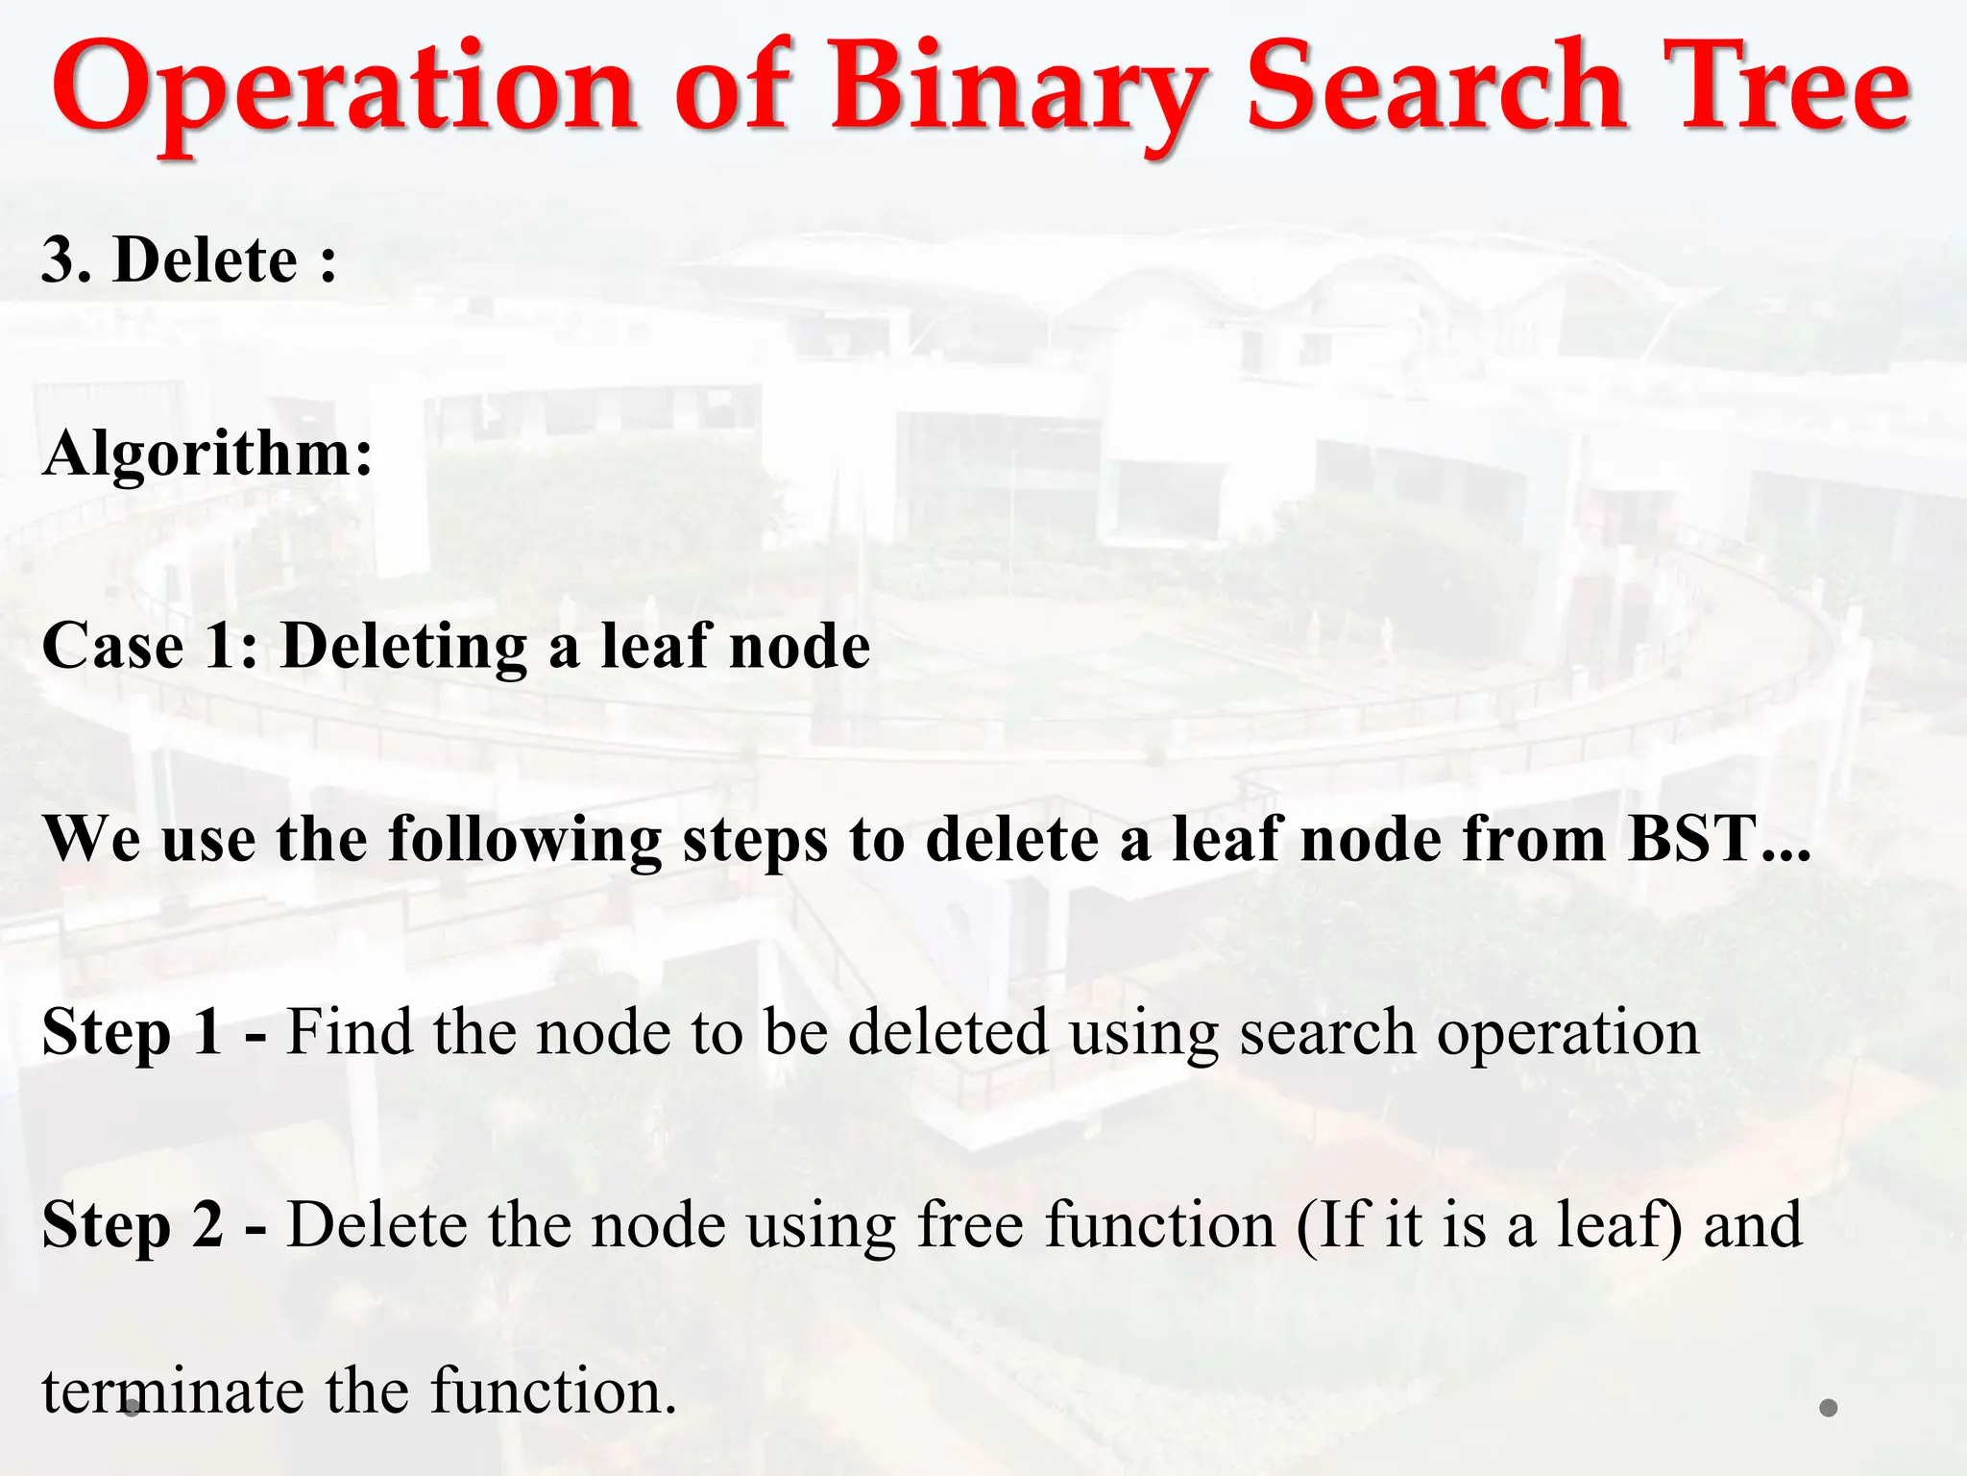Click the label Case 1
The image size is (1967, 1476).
pos(149,645)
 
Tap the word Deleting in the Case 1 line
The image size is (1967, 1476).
pos(404,647)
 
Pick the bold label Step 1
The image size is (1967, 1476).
pos(133,1032)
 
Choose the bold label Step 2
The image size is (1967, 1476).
pos(133,1225)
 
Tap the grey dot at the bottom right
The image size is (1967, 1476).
pos(1829,1408)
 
